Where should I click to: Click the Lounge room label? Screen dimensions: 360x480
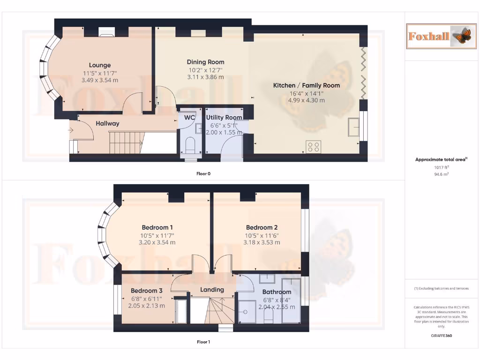pos(100,65)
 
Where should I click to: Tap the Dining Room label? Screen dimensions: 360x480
pos(205,62)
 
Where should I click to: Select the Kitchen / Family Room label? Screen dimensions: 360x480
pos(307,85)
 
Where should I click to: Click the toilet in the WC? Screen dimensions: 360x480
pos(190,145)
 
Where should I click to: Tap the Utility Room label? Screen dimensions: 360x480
pos(224,117)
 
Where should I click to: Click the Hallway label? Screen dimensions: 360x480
pos(107,124)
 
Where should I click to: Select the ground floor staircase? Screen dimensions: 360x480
pos(125,142)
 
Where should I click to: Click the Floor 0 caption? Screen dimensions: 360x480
pos(203,174)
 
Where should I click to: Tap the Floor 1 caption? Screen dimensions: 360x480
pos(203,342)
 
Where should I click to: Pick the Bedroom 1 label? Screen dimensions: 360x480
pos(157,228)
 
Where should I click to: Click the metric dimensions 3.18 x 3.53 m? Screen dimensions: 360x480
pos(262,242)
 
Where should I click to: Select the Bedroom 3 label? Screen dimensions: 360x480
pos(146,291)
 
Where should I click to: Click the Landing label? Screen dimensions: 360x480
pos(212,290)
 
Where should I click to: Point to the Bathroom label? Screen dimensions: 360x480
pos(277,292)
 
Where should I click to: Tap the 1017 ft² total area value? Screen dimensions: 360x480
pos(441,167)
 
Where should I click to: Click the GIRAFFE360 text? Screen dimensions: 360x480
pos(441,336)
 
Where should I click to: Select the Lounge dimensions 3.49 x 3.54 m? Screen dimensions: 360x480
pos(100,80)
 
